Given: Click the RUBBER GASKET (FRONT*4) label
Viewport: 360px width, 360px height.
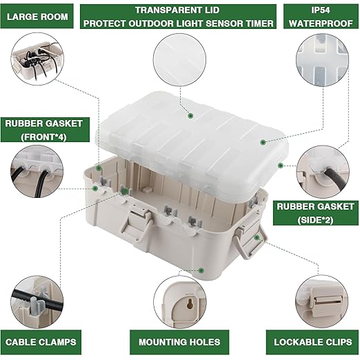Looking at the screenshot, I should [45, 130].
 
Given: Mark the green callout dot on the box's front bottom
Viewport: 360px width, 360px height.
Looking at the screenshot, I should [201, 270].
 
